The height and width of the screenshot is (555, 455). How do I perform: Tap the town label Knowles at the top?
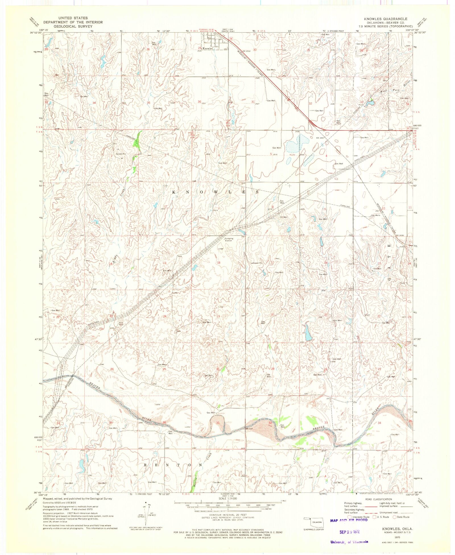click(x=208, y=49)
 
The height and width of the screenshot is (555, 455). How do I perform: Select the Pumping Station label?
click(x=229, y=240)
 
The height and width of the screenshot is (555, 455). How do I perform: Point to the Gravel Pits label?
click(x=121, y=154)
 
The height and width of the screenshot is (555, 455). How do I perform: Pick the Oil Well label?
click(x=284, y=217)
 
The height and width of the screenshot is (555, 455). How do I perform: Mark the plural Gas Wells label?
click(x=376, y=215)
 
